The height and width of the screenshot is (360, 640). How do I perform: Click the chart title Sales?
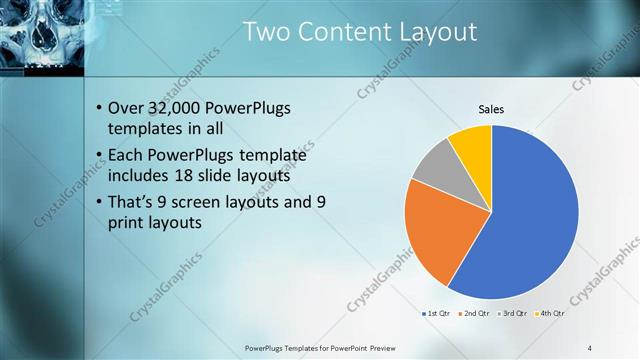point(491,109)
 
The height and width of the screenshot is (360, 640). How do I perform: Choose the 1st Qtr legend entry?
point(437,313)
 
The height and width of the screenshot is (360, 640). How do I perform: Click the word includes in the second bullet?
point(138,175)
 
